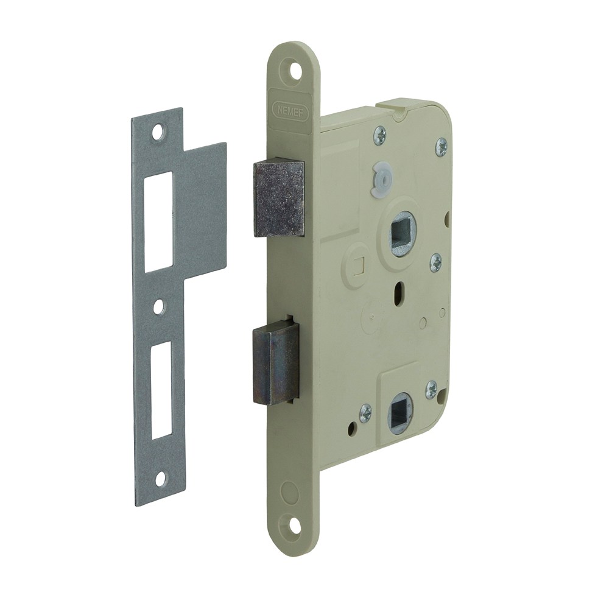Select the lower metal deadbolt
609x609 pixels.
pos(276,362)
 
